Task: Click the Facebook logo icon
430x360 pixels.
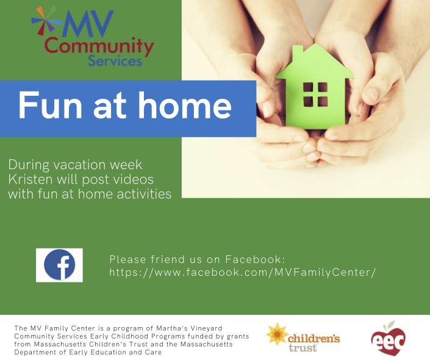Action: pyautogui.click(x=60, y=265)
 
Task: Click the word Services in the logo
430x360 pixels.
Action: pyautogui.click(x=115, y=61)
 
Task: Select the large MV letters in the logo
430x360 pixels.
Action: pyautogui.click(x=87, y=24)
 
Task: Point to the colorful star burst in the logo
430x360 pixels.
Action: pyautogui.click(x=44, y=20)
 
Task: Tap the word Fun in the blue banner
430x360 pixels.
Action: pyautogui.click(x=50, y=105)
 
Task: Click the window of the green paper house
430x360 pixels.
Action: pyautogui.click(x=315, y=95)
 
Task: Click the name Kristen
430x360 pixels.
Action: pyautogui.click(x=30, y=179)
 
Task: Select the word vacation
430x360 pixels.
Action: pyautogui.click(x=79, y=165)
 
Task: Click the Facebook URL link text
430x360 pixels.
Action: pyautogui.click(x=242, y=273)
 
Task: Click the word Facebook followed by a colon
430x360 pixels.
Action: pyautogui.click(x=256, y=259)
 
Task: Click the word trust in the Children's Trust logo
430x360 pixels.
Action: pyautogui.click(x=303, y=348)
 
